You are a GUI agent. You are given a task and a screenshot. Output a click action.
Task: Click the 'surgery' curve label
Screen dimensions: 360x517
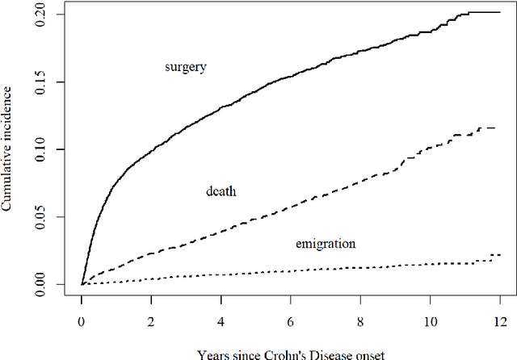pyautogui.click(x=186, y=67)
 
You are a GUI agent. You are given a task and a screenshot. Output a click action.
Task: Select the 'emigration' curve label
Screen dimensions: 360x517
pyautogui.click(x=324, y=242)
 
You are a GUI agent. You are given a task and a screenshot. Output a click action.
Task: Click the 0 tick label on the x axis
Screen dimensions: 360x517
pyautogui.click(x=82, y=321)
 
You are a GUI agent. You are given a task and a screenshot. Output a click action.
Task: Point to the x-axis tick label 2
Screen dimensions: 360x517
pyautogui.click(x=151, y=321)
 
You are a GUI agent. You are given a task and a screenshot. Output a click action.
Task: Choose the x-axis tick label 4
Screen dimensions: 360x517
pyautogui.click(x=221, y=321)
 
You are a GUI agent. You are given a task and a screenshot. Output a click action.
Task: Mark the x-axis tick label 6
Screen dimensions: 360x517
pyautogui.click(x=291, y=321)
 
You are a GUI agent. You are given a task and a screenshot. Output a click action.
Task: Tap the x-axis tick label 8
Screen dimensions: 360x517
pyautogui.click(x=361, y=321)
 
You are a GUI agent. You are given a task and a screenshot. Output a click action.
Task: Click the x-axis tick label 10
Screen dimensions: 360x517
pyautogui.click(x=431, y=321)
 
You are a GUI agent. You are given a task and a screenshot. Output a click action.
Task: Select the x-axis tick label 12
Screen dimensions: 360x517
pyautogui.click(x=501, y=321)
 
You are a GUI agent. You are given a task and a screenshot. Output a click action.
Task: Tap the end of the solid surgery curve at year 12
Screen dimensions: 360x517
pyautogui.click(x=501, y=12)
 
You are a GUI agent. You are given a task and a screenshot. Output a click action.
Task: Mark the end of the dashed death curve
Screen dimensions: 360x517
pyautogui.click(x=494, y=128)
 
